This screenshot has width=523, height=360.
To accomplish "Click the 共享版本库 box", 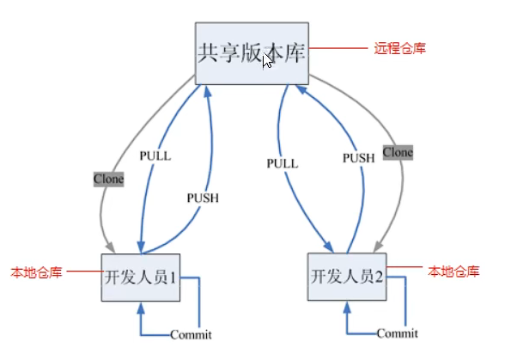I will click(x=251, y=52).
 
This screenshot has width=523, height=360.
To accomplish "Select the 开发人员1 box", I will click(x=143, y=277).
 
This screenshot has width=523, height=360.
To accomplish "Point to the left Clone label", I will click(x=109, y=180).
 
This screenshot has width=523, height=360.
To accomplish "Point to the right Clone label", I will click(x=398, y=152).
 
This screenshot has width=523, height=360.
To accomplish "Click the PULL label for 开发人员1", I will click(x=155, y=156).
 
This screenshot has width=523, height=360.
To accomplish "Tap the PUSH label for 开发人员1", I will click(x=203, y=198).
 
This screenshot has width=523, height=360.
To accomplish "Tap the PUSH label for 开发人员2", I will click(x=360, y=158).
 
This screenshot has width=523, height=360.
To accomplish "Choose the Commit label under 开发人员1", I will click(x=191, y=335).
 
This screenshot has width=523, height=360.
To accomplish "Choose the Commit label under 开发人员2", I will click(x=398, y=333).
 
